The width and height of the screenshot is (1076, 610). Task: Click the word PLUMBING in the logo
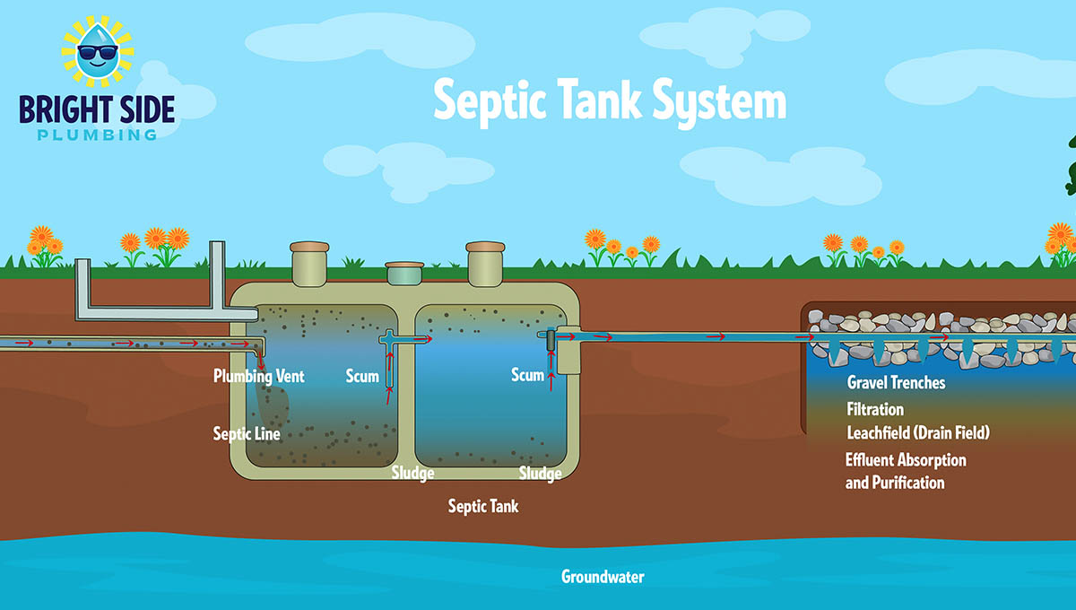[x=97, y=135]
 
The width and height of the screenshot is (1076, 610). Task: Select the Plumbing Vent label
[x=259, y=376]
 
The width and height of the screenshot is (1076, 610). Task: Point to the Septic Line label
[x=247, y=434]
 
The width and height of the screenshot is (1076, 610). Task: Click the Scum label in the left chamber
[x=362, y=376]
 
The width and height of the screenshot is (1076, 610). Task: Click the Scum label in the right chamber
[x=527, y=374]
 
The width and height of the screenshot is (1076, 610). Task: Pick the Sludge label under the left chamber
[x=412, y=473]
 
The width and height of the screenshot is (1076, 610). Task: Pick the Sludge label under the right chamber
[x=540, y=473]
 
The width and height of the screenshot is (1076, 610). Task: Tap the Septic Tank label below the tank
[x=483, y=507]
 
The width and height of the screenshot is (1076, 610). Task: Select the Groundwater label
[x=603, y=577]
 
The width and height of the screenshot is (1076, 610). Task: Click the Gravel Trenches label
[x=896, y=383]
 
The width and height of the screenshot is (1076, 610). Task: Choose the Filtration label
[x=875, y=410]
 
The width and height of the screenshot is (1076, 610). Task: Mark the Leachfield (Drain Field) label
[x=917, y=433]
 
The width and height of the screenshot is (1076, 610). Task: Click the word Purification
[x=909, y=483]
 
